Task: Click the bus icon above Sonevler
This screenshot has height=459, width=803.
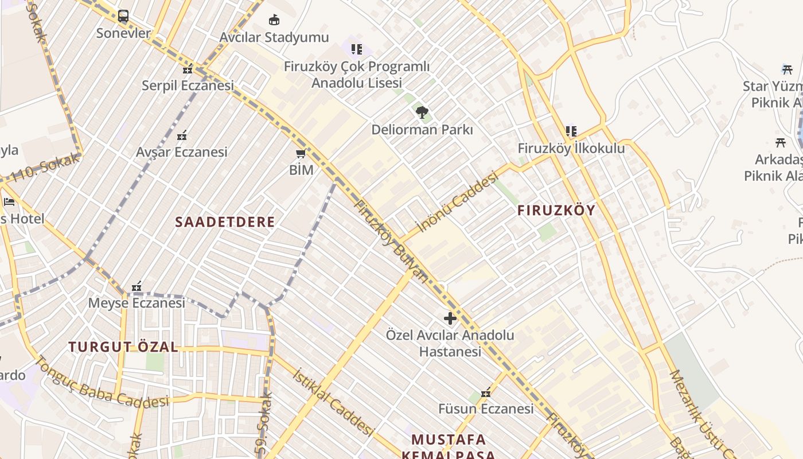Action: [123, 16]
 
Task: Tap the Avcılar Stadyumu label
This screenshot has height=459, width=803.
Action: [274, 37]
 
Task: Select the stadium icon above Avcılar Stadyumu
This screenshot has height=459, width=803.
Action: [274, 20]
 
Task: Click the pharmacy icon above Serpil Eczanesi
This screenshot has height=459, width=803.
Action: [188, 69]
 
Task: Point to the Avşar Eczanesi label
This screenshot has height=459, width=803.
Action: [181, 152]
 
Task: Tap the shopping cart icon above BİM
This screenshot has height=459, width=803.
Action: [301, 154]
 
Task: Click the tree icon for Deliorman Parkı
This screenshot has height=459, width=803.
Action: [422, 112]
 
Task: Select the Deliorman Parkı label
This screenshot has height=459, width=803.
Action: [422, 130]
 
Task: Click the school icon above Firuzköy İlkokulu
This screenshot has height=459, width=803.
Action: [571, 131]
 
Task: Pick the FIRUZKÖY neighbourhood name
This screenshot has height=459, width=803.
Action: [556, 211]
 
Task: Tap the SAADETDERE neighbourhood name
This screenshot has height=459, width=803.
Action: [225, 222]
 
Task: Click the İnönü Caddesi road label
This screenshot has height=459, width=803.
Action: [457, 204]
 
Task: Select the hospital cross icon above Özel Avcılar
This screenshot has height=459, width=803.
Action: [450, 318]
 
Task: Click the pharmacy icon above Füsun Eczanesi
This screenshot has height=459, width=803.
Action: [486, 392]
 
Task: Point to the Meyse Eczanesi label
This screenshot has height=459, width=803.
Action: [137, 303]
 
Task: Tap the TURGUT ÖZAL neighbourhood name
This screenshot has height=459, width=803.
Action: [123, 347]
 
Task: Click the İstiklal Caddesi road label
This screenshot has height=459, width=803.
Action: [333, 402]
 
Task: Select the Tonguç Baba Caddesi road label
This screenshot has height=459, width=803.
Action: [102, 383]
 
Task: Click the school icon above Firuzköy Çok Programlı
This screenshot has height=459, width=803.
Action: [357, 49]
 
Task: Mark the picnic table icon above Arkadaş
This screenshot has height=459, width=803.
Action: [780, 142]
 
